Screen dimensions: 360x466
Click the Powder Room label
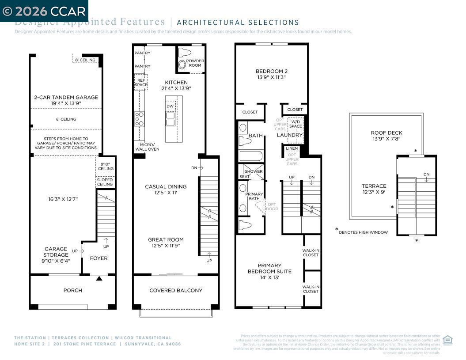[x=195, y=63]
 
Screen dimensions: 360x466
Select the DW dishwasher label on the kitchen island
[x=170, y=106]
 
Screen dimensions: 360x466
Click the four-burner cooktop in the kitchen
[x=140, y=119]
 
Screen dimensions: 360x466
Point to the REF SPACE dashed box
[x=141, y=82]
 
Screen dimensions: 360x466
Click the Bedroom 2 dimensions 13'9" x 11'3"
[x=271, y=77]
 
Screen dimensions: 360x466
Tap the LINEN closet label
[x=292, y=149]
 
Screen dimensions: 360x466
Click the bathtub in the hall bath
[x=250, y=156]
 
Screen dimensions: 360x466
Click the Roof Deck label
[x=386, y=133]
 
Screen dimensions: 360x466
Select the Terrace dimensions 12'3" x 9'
[x=374, y=193]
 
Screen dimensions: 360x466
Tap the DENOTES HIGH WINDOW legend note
[x=363, y=232]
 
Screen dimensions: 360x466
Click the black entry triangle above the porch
[x=99, y=278]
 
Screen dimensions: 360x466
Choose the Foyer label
[x=99, y=258]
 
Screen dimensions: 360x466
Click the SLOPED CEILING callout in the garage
[x=105, y=182]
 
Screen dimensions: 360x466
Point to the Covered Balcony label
[x=176, y=290]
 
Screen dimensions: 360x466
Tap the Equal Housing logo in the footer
[x=447, y=340]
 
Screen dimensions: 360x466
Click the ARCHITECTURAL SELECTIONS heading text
[x=238, y=23]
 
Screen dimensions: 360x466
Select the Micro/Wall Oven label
[x=147, y=147]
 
